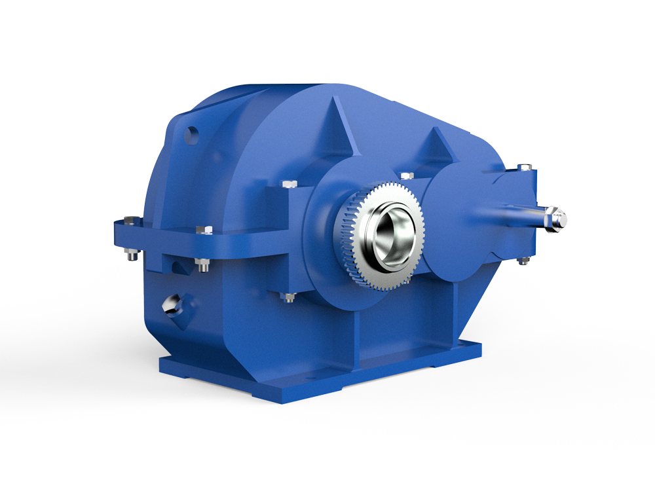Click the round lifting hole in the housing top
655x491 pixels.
click(x=192, y=136)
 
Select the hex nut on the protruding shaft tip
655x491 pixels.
click(x=558, y=217)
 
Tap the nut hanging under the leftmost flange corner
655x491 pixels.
click(x=131, y=255)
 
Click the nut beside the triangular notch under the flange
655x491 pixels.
click(x=202, y=264)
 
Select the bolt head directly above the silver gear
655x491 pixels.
click(x=406, y=175)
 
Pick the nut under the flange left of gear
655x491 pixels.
click(x=288, y=298)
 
